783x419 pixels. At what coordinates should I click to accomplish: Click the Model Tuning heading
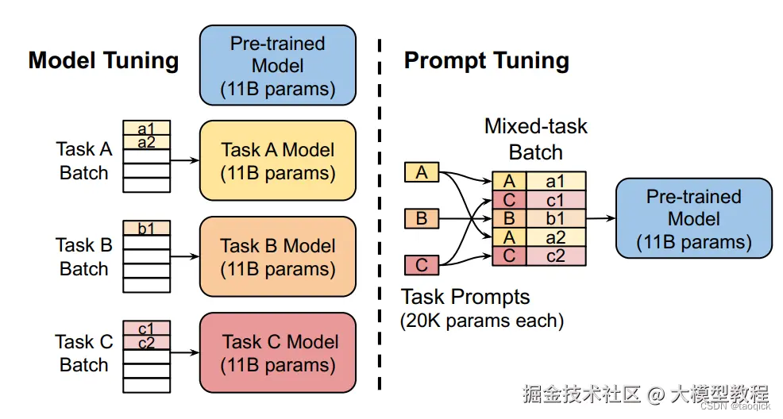coord(103,61)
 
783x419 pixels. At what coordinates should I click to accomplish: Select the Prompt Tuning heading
coord(486,61)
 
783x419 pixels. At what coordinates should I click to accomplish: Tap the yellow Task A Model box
coord(277,160)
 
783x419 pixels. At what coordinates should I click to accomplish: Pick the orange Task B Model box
coord(277,256)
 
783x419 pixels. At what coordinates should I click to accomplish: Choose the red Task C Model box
coord(277,353)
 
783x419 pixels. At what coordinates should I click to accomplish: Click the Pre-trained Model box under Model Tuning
coord(277,66)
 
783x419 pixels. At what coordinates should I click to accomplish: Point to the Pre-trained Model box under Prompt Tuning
coord(693,218)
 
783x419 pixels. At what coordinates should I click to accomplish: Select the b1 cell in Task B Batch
coord(146,229)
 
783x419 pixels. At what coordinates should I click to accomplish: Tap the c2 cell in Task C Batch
coord(146,343)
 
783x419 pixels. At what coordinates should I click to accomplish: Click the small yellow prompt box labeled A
coord(422,172)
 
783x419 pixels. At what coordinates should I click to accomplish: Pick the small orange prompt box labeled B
coord(422,217)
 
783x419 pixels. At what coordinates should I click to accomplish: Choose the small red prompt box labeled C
coord(422,264)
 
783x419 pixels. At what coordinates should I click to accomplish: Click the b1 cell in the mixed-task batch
coord(555,218)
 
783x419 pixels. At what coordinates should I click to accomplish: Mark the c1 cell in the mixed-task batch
coord(555,200)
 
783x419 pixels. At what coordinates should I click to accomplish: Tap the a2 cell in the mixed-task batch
coord(555,236)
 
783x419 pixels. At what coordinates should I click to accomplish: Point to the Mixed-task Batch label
coord(536,139)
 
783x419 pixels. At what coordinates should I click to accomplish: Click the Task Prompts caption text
coord(465,298)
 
